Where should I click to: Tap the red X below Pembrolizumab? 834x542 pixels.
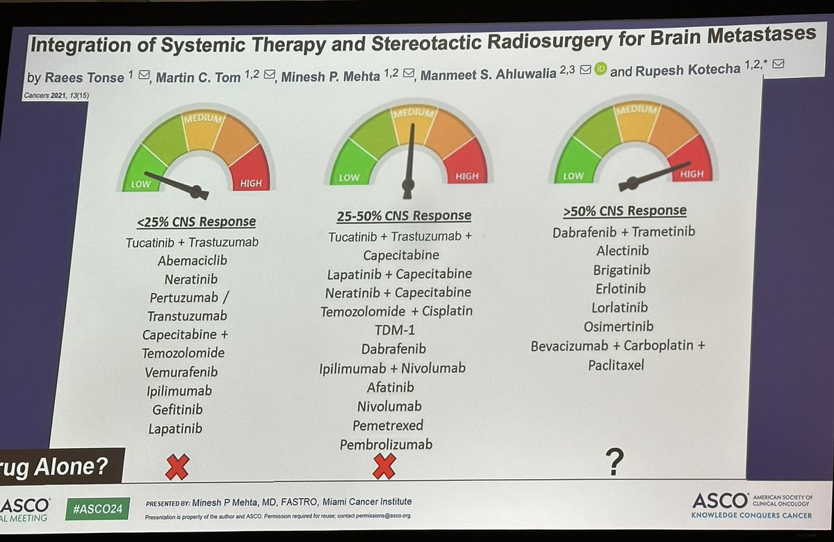pos(384,466)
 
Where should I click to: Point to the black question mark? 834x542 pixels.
pos(614,461)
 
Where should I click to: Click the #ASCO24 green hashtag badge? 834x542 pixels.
pos(97,509)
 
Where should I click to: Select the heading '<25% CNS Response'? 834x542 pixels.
pos(196,222)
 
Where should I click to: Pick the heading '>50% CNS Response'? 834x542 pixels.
pos(624,211)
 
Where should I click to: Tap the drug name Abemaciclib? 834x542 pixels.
pos(193,261)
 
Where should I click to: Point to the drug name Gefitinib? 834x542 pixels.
pos(176,410)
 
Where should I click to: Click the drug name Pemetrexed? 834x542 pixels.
pos(388,425)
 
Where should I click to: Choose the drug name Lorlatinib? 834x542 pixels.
pos(621,308)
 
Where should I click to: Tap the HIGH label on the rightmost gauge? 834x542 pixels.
pos(692,175)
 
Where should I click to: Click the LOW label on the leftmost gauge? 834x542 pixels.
pos(141,184)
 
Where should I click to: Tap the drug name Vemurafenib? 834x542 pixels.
pos(181,372)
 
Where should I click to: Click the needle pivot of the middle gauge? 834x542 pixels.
pos(408,185)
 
